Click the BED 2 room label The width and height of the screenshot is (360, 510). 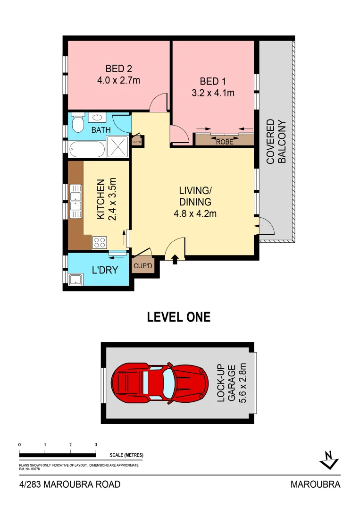[x=118, y=69]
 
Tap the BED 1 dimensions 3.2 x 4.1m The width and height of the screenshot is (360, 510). [x=213, y=93]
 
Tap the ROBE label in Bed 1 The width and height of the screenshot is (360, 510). [x=224, y=141]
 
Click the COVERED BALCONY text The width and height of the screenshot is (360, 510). [x=276, y=142]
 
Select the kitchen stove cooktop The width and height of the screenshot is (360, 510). [x=100, y=243]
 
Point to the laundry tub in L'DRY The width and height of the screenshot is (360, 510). [x=75, y=279]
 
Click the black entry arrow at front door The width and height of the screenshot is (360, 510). [x=175, y=259]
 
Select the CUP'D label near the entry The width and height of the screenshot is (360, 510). [x=142, y=266]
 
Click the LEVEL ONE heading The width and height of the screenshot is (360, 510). [x=179, y=317]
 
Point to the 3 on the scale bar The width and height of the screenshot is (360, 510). [x=96, y=445]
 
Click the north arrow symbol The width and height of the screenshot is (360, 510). [x=329, y=460]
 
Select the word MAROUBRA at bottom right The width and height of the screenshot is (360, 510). [x=315, y=484]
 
